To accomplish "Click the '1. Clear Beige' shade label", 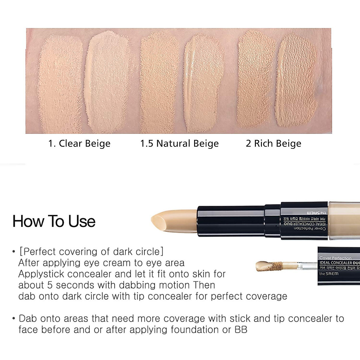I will click(x=79, y=144).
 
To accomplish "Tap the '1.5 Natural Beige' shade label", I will click(x=179, y=144).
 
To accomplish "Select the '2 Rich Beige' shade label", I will click(x=273, y=144).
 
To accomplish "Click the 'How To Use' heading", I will click(x=54, y=222).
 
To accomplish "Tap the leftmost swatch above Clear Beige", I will click(x=60, y=84).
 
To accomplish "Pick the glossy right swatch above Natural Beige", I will click(x=202, y=84).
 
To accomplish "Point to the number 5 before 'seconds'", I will click(x=50, y=285).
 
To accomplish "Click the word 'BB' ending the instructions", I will click(x=241, y=330).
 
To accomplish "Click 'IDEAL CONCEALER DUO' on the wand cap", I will click(x=339, y=263).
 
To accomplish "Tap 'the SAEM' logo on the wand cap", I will click(x=329, y=274).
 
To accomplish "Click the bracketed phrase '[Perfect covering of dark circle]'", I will click(x=91, y=252).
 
